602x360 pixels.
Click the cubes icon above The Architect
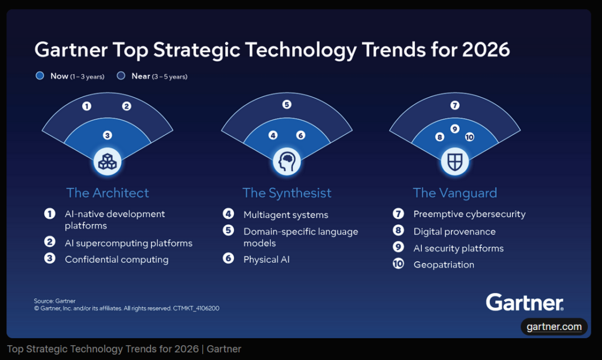tap(108, 161)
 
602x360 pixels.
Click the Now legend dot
tap(40, 76)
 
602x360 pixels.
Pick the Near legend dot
tap(121, 76)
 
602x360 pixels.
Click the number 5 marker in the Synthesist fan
tap(287, 105)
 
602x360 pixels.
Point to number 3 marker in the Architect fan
tap(108, 135)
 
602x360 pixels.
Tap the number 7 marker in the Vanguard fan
tap(454, 106)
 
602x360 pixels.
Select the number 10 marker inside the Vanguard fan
tap(469, 137)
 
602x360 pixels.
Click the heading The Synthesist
tap(287, 193)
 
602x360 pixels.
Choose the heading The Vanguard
tap(454, 193)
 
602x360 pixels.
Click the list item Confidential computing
tap(116, 259)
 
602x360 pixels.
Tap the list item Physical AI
tap(266, 259)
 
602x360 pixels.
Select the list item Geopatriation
tap(443, 265)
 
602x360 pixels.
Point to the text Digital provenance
tap(454, 232)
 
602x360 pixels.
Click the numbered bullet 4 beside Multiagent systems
tap(228, 215)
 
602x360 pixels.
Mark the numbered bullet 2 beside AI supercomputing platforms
tap(49, 243)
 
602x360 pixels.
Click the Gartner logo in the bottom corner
tap(524, 302)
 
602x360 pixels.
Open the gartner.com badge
tap(554, 327)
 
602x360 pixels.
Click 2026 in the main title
tap(485, 49)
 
